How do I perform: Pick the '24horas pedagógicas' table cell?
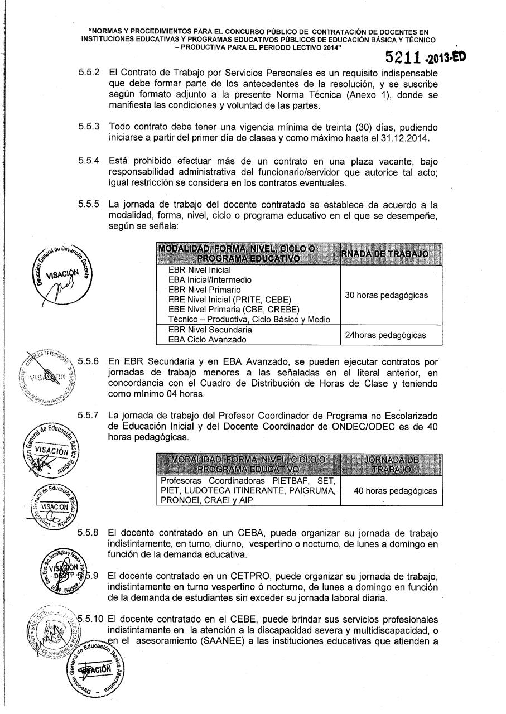[x=384, y=335]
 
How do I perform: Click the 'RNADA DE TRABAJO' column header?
[x=384, y=254]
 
